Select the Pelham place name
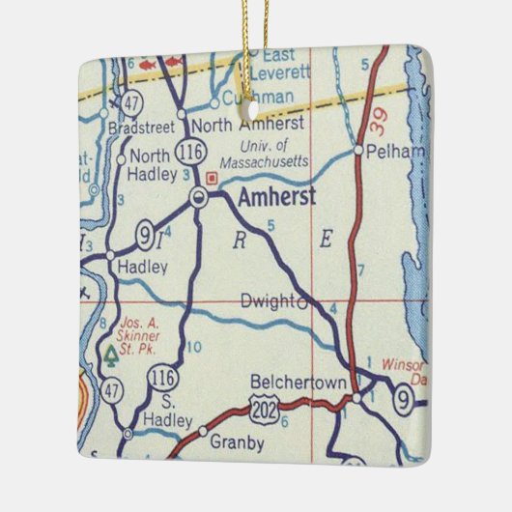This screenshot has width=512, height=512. click(387, 152)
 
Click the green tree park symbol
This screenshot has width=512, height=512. click(110, 356)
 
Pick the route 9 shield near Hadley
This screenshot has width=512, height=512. click(145, 234)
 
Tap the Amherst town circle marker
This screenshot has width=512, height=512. click(199, 198)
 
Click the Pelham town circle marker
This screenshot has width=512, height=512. click(357, 151)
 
